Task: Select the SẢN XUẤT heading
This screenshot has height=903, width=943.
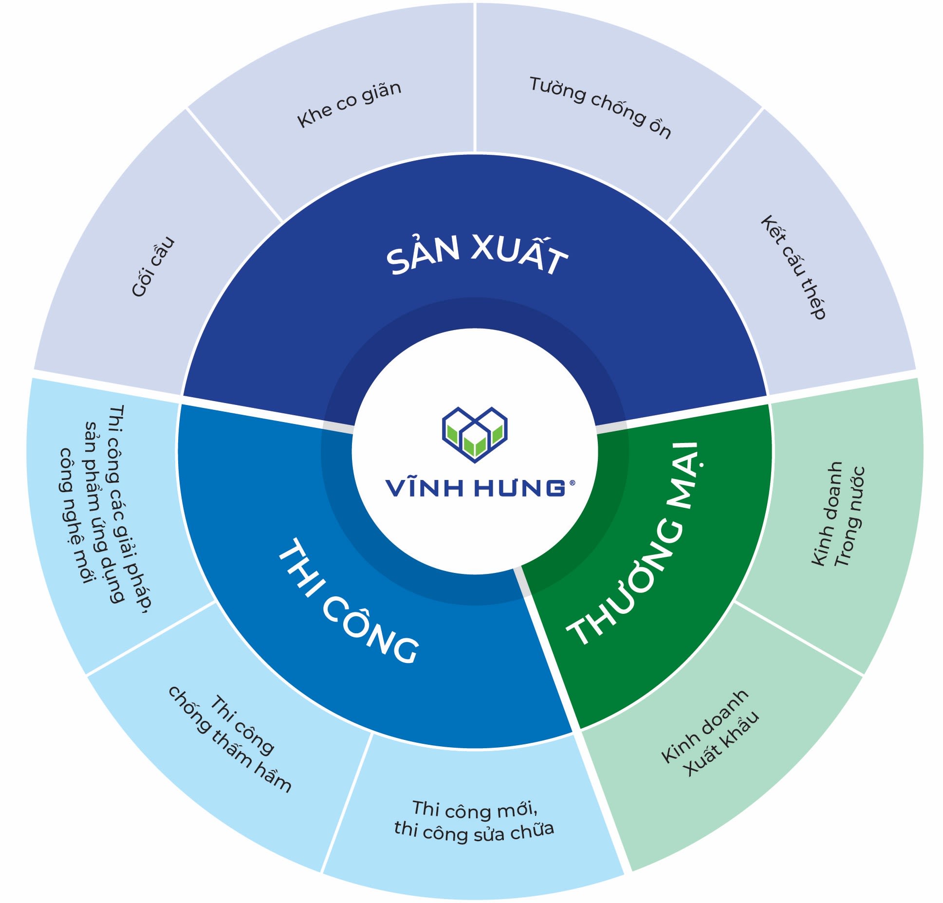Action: click(x=477, y=254)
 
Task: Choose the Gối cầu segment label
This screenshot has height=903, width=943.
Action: click(x=153, y=267)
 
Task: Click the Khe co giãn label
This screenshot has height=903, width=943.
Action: click(x=349, y=105)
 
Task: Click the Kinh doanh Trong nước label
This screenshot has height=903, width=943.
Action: click(x=838, y=515)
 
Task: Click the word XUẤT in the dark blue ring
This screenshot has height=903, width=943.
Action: click(x=519, y=256)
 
